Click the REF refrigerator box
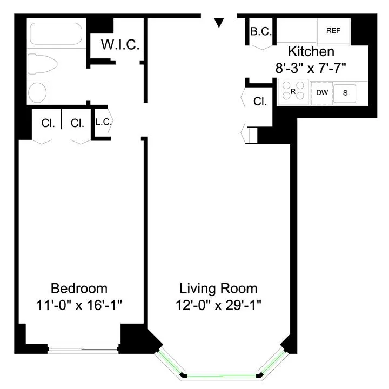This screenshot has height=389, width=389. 333,31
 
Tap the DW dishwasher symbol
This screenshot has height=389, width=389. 322,92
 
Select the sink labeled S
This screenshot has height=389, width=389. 345,93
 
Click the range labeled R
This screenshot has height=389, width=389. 293,92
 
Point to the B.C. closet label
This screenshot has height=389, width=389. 260,32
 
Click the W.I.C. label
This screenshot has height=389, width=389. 120,45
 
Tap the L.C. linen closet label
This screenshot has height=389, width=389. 103,122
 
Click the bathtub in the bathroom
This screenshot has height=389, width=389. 56,34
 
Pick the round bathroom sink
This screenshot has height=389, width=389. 38,92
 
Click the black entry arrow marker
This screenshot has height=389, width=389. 219,23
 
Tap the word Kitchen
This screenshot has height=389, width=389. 311,52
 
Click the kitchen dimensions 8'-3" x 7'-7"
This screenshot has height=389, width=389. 310,69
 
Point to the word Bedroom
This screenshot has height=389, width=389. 79,287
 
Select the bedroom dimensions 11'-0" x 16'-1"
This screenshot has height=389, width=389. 79,305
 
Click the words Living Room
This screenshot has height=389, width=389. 218,287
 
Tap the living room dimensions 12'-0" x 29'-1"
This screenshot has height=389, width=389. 218,305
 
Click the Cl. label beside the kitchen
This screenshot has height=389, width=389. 260,101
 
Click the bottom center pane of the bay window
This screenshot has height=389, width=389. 222,374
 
